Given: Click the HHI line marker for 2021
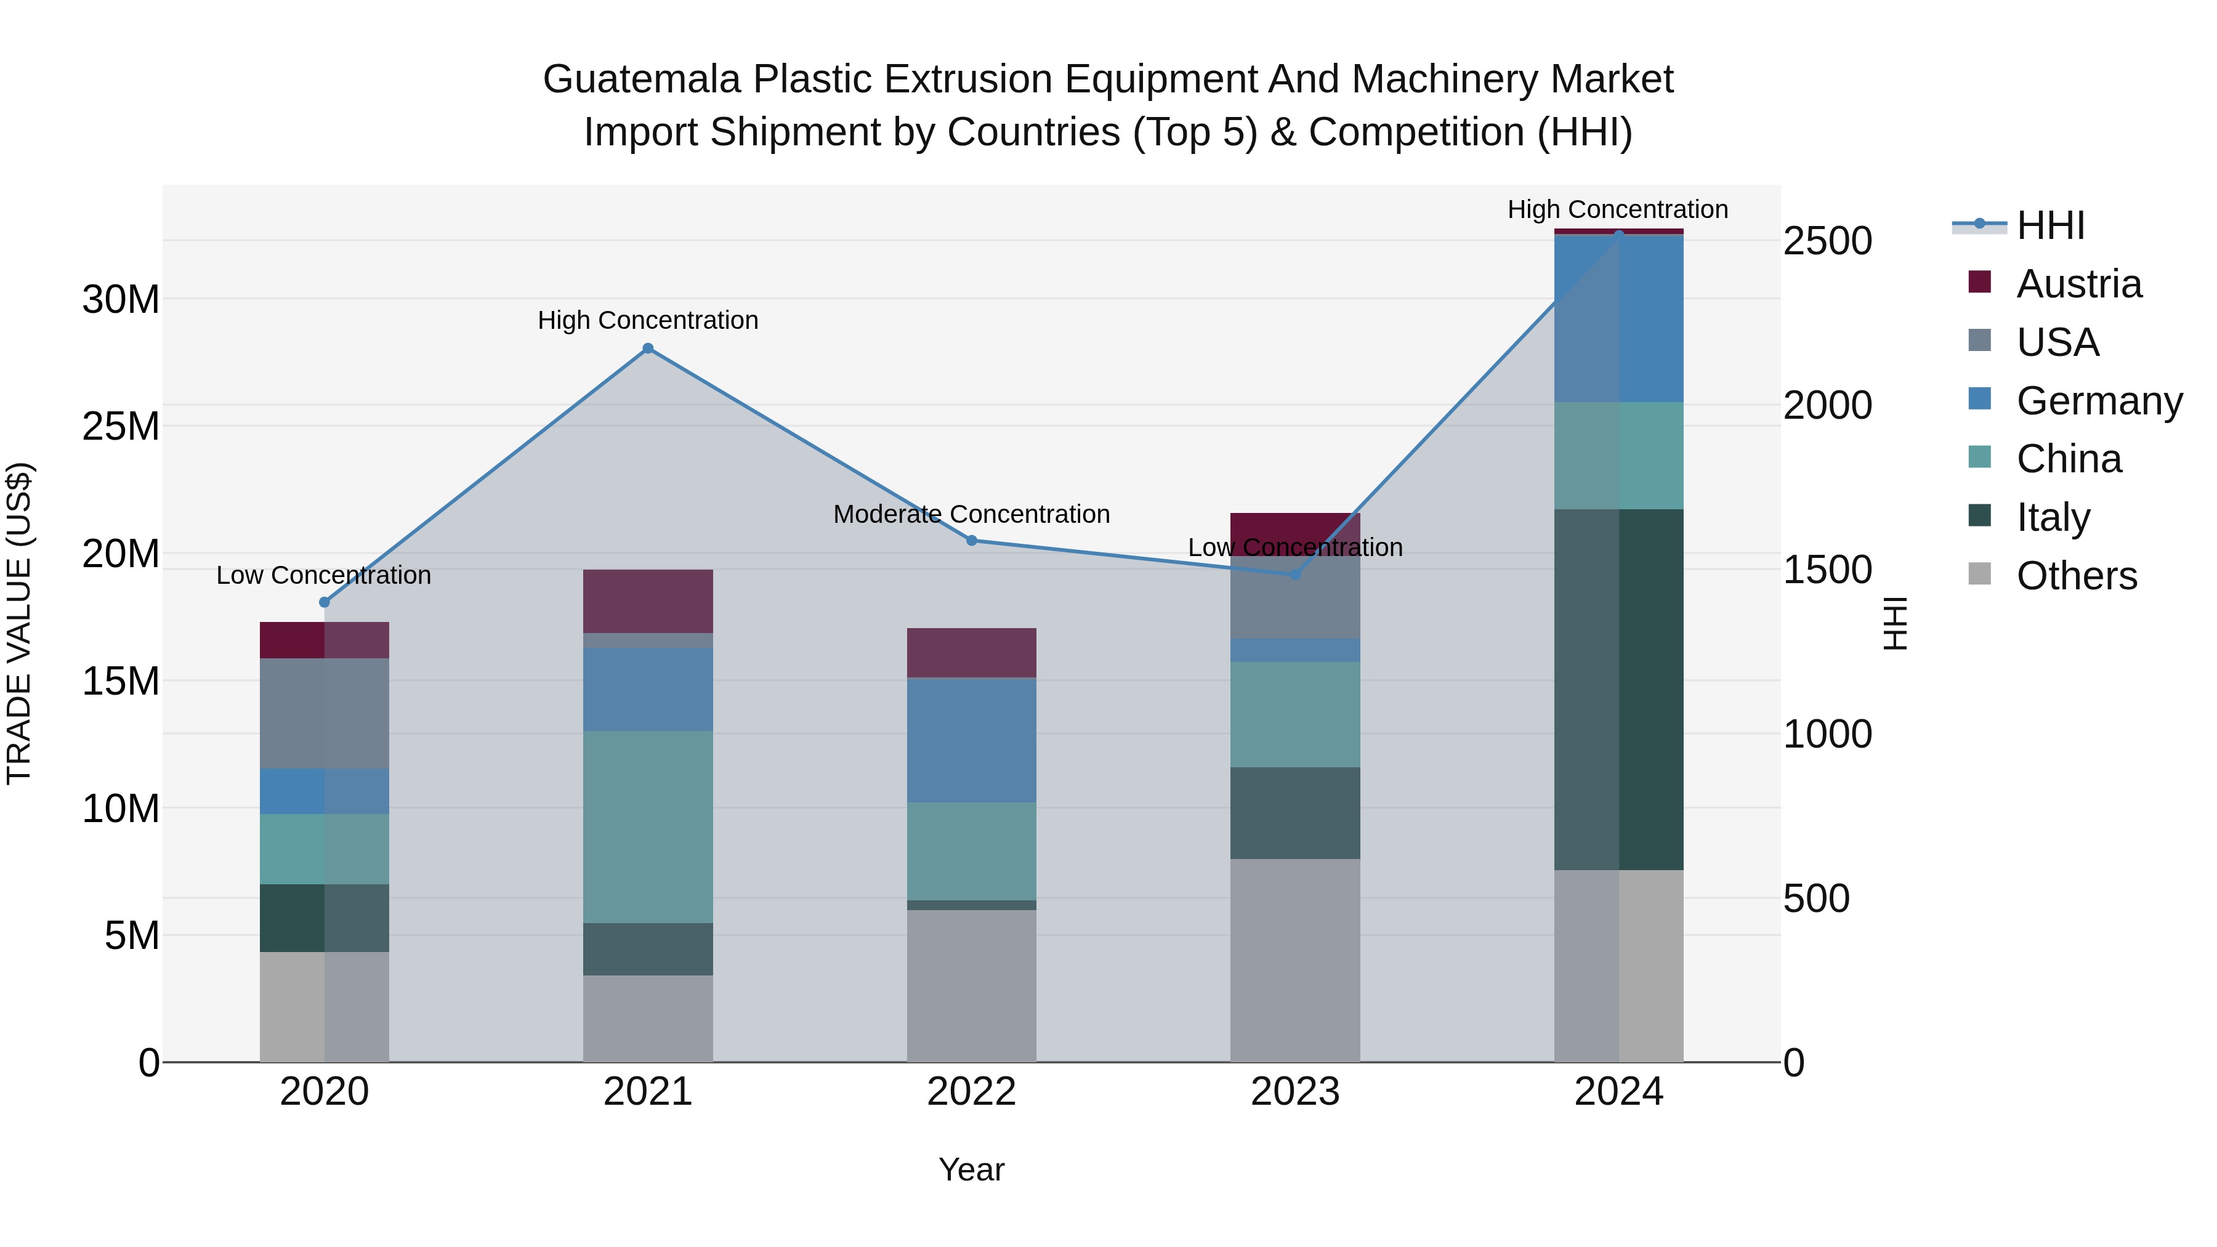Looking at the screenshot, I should [648, 349].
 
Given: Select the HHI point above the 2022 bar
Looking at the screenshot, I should [972, 541].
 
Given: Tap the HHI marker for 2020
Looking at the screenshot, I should [325, 602].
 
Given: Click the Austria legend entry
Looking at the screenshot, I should [2078, 284].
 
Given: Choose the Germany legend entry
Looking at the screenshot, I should [2098, 401].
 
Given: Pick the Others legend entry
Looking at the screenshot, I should [2076, 576].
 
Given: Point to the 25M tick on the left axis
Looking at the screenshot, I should [121, 427].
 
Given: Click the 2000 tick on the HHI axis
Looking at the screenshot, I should [1827, 405].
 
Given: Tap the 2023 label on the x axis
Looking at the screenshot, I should [1294, 1092].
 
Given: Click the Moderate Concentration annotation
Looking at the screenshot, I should [972, 515].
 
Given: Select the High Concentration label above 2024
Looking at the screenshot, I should [1617, 210].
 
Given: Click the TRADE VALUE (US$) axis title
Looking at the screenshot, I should [20, 623].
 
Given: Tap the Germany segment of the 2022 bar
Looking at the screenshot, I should [972, 740].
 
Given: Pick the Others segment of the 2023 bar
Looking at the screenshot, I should [1294, 959].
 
